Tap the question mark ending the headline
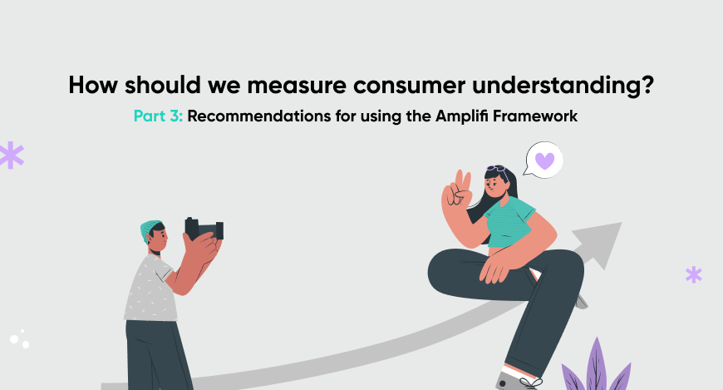click(647, 85)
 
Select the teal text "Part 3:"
click(158, 116)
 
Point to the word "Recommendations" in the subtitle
click(259, 116)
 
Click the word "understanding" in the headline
click(554, 86)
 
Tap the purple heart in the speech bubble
click(544, 160)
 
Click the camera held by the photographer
click(204, 229)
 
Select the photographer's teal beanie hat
click(150, 230)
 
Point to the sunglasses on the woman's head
click(497, 170)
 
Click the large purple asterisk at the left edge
click(11, 155)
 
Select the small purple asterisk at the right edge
click(693, 274)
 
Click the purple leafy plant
click(596, 366)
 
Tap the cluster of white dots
click(19, 340)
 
